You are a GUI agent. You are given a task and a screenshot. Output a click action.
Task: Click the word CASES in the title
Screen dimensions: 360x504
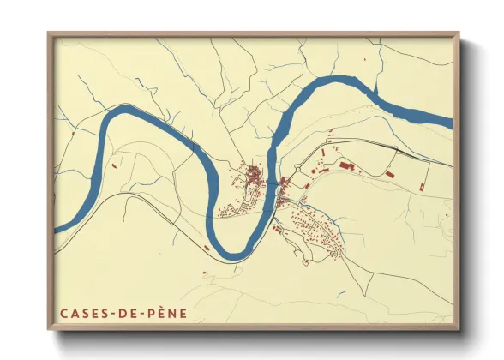click(x=81, y=314)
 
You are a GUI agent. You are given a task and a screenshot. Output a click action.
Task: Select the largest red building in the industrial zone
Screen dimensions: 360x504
click(x=346, y=164)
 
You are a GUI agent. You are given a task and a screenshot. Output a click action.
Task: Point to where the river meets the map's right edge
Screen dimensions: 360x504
click(x=451, y=121)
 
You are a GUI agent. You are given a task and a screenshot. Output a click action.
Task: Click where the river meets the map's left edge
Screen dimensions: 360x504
click(x=56, y=230)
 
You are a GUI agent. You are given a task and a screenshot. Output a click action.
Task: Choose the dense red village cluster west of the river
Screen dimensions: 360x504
click(x=255, y=178)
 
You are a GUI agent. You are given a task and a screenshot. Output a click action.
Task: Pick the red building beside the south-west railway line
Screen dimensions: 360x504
click(x=207, y=248)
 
